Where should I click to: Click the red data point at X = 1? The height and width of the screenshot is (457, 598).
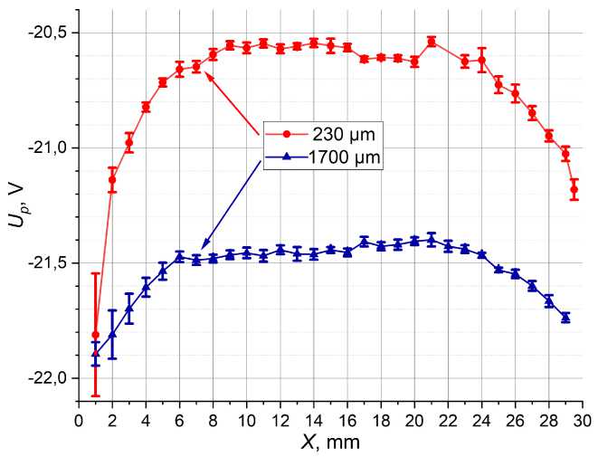[95, 335]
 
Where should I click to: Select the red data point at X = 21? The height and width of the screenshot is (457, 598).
[432, 41]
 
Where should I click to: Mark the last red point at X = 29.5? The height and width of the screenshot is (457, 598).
[574, 188]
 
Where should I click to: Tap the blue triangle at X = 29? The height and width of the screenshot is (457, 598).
[565, 317]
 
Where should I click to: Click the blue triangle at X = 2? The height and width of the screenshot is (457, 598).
[112, 334]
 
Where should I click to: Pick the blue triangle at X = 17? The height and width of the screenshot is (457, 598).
[364, 241]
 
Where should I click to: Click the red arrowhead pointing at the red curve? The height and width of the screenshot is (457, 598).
[209, 75]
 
